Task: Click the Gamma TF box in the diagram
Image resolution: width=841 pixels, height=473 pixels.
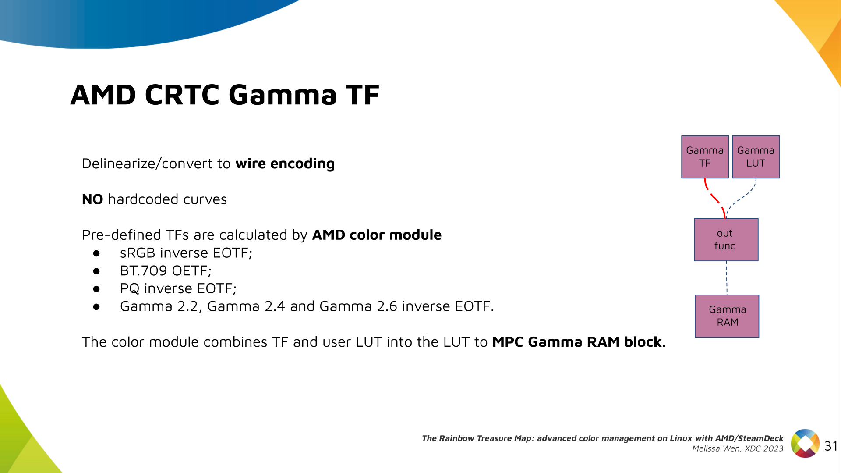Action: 705,157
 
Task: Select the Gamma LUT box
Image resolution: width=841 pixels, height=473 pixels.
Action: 756,157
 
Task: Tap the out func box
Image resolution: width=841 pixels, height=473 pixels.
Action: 726,240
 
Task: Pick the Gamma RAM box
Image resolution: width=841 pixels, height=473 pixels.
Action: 727,316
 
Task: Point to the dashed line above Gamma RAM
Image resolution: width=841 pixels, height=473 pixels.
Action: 727,278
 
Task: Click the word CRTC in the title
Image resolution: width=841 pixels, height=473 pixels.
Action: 182,95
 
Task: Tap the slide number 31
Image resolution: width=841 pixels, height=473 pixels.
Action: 831,446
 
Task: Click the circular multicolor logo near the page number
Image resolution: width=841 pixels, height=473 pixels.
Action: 805,443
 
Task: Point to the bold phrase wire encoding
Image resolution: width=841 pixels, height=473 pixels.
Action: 285,164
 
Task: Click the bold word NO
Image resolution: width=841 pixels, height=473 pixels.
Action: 92,199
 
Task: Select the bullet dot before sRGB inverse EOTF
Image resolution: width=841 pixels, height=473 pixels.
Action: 96,253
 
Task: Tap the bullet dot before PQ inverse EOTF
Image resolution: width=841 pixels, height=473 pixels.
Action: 96,289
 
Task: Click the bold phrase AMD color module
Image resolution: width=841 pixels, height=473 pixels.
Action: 377,235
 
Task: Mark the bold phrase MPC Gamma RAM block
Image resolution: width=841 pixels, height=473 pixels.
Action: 579,342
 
